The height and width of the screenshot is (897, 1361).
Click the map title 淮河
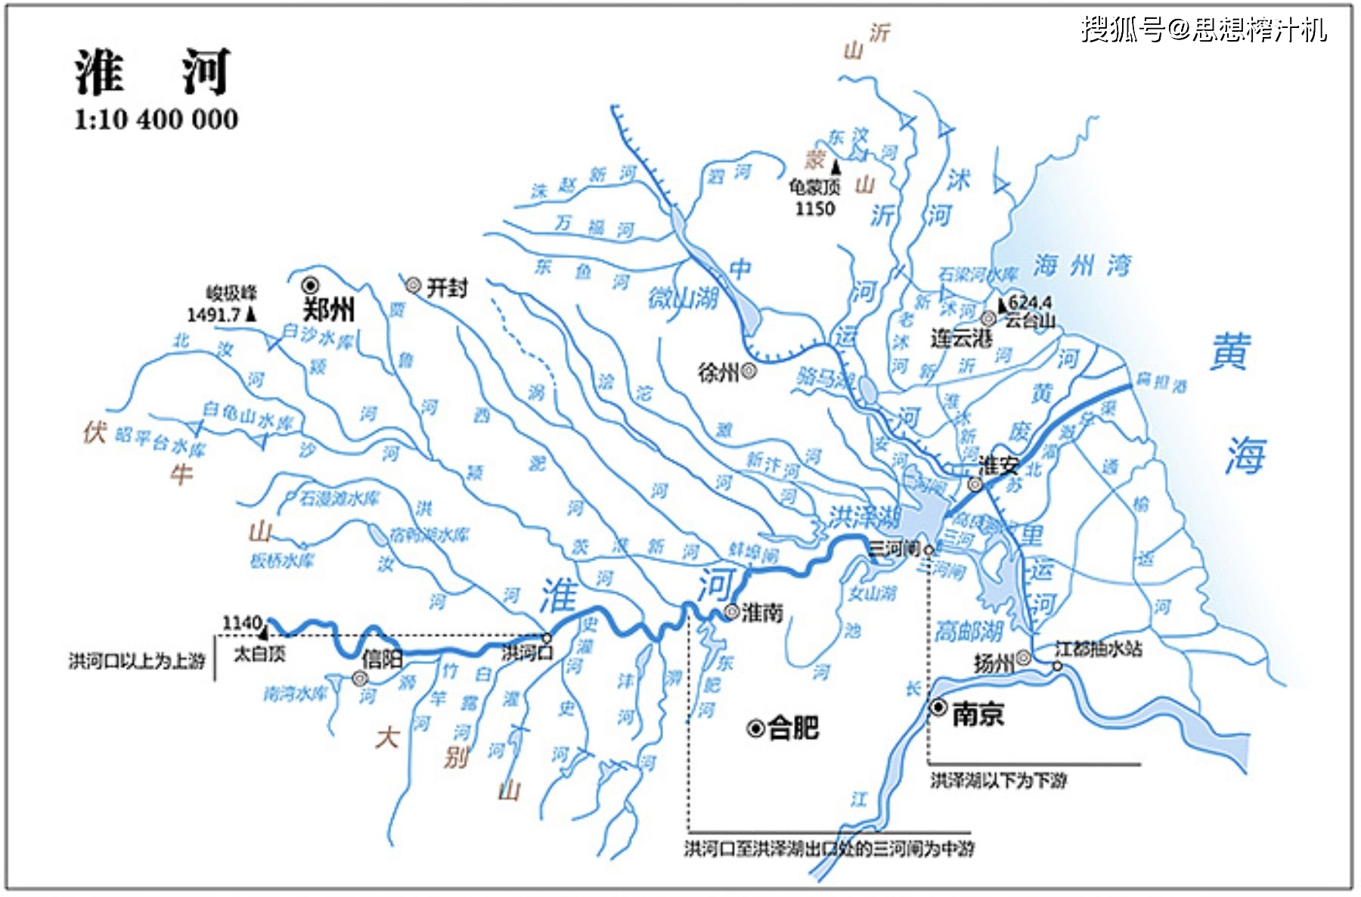pos(151,73)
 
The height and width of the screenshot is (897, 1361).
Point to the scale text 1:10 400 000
pos(156,119)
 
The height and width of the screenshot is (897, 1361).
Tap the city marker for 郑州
pos(310,285)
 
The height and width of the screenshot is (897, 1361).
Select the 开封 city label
pos(447,287)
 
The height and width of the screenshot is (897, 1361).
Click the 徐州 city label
pos(718,371)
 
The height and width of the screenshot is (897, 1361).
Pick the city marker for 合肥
pos(755,728)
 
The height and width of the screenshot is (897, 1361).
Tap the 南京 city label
pos(978,713)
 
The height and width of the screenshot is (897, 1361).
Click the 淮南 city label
pos(762,612)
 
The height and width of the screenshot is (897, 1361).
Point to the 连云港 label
pos(961,338)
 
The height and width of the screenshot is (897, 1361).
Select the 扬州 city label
pos(994,663)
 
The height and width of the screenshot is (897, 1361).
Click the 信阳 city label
pos(382,659)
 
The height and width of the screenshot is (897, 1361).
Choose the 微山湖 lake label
pos(683,299)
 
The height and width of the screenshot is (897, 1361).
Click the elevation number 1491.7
pos(213,315)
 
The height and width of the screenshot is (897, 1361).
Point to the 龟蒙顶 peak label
pos(814,187)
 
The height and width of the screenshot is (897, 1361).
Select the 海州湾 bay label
pos(1082,265)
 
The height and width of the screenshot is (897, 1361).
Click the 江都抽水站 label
pos(1098,649)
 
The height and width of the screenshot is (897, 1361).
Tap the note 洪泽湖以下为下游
pos(998,780)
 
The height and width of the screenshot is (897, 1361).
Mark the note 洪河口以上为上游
pos(137,661)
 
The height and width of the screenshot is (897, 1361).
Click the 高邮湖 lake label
pos(969,631)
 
